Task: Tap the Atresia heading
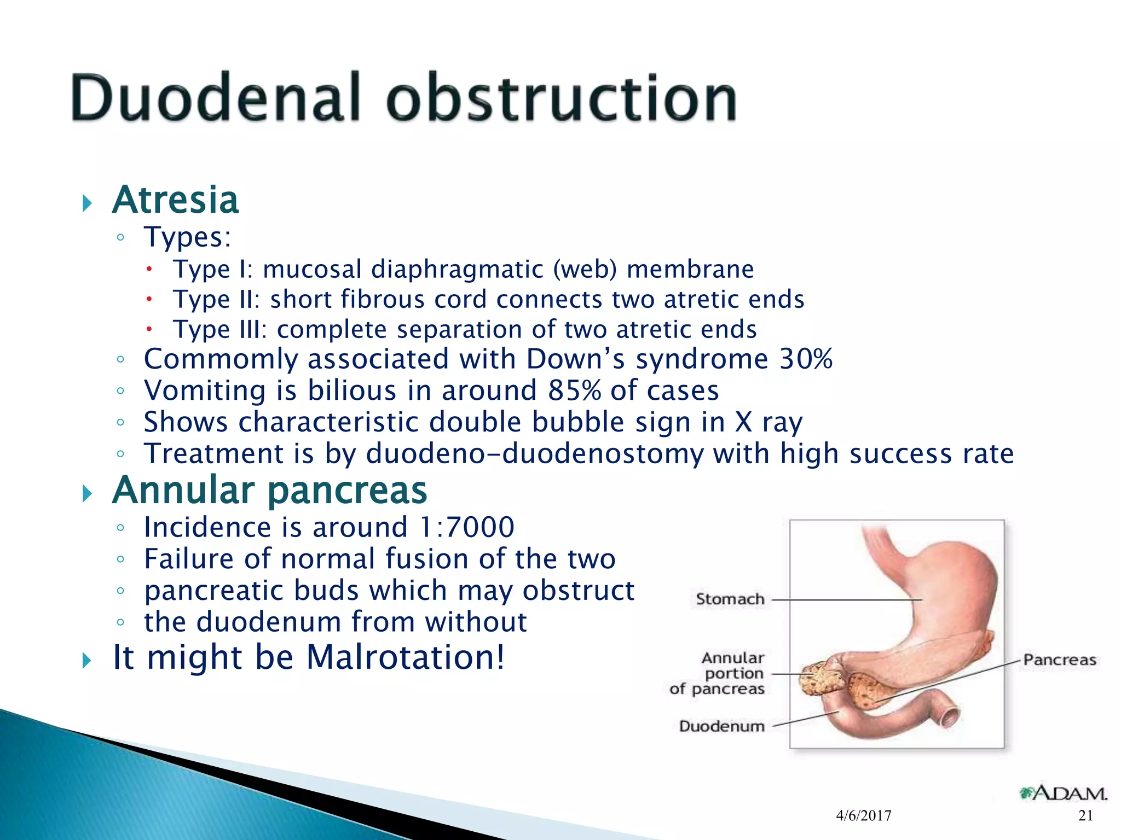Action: pos(175,200)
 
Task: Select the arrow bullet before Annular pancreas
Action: pos(86,494)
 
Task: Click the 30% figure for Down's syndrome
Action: pos(806,359)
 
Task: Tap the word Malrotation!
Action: pos(406,657)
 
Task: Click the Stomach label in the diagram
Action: pos(730,599)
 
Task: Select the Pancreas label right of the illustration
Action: pos(1060,660)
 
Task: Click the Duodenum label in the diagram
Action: pos(721,726)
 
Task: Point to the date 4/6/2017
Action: pos(864,816)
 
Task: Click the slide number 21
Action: pos(1085,816)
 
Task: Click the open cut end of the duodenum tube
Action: pos(950,714)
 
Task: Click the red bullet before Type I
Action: pos(149,269)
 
